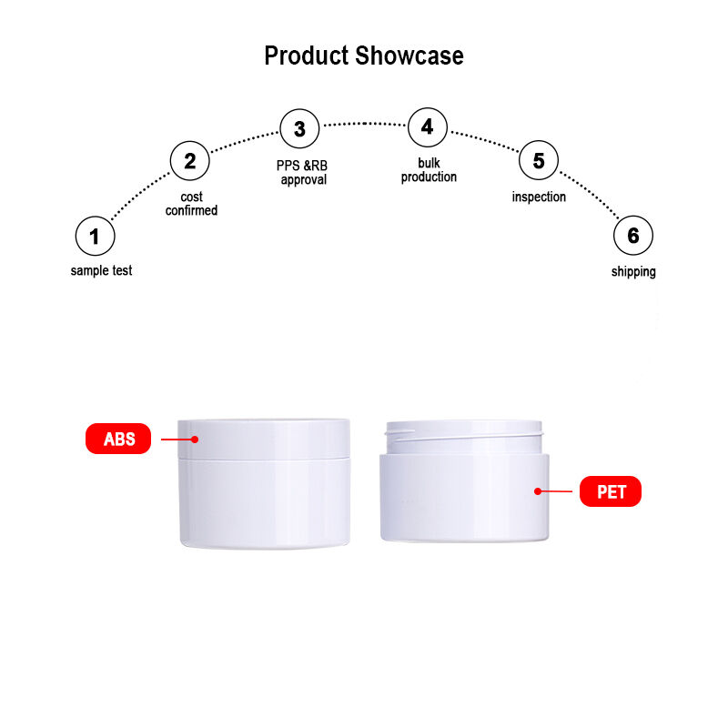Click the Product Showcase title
[363, 56]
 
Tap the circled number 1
[96, 236]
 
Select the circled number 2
[190, 161]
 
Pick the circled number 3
[300, 128]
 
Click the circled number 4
[428, 127]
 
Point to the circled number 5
[539, 160]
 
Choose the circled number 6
[633, 236]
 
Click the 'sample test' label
[101, 270]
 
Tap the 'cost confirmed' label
[191, 204]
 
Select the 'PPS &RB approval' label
[302, 173]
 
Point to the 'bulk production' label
[429, 170]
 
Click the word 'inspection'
[539, 197]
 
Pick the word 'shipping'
[633, 271]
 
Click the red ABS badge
[118, 439]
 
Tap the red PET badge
[611, 491]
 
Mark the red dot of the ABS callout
[195, 440]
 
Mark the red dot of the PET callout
[538, 491]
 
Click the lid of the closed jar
[264, 439]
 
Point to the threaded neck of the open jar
[464, 438]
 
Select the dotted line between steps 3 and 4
[365, 124]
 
